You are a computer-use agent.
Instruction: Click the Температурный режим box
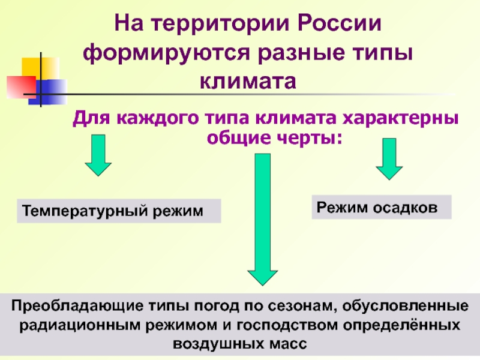tap(119, 211)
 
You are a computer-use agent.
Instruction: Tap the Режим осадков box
tap(381, 206)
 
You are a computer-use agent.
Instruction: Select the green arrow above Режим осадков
tap(389, 159)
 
